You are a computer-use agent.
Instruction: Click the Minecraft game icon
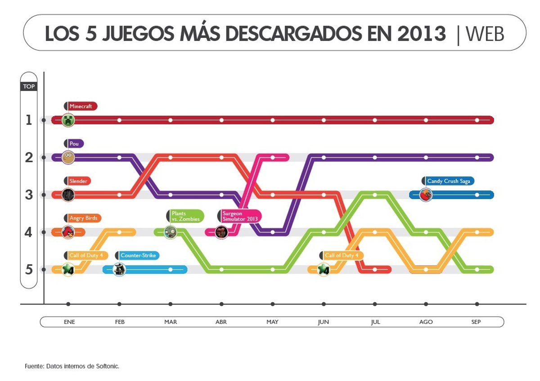pos(68,120)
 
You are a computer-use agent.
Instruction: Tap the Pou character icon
pos(68,158)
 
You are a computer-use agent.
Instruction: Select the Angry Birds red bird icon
pos(68,232)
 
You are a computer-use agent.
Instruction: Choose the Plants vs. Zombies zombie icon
pos(170,232)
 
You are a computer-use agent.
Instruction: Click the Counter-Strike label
pos(138,255)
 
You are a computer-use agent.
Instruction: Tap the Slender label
pos(78,181)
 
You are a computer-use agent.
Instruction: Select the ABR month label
pos(221,322)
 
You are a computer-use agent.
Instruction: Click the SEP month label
pos(476,322)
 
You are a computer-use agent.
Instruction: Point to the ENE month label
pos(69,322)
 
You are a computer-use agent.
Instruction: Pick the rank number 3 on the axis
pos(29,195)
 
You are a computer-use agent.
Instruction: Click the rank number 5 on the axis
pos(29,270)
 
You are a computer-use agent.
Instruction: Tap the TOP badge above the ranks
pos(29,86)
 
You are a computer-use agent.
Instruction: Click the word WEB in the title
pos(485,34)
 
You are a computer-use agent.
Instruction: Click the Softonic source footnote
pos(72,367)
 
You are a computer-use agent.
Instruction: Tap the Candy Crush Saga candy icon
pos(426,195)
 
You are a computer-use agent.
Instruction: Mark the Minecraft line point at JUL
pos(375,120)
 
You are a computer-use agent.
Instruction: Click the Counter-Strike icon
pos(119,269)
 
